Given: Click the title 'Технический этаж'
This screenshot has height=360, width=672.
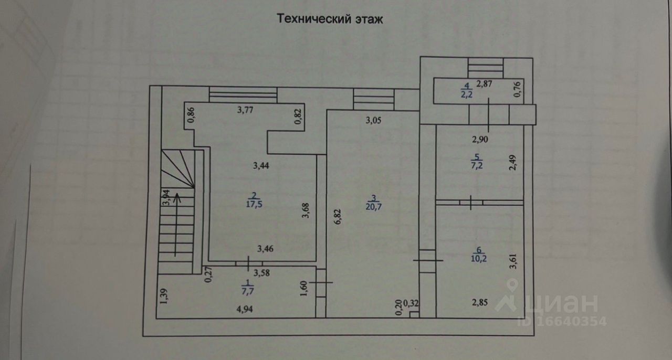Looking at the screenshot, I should click(x=330, y=20).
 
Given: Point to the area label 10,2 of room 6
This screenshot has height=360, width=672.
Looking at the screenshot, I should click(x=478, y=258).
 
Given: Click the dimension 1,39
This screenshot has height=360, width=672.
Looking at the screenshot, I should click(x=163, y=296).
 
